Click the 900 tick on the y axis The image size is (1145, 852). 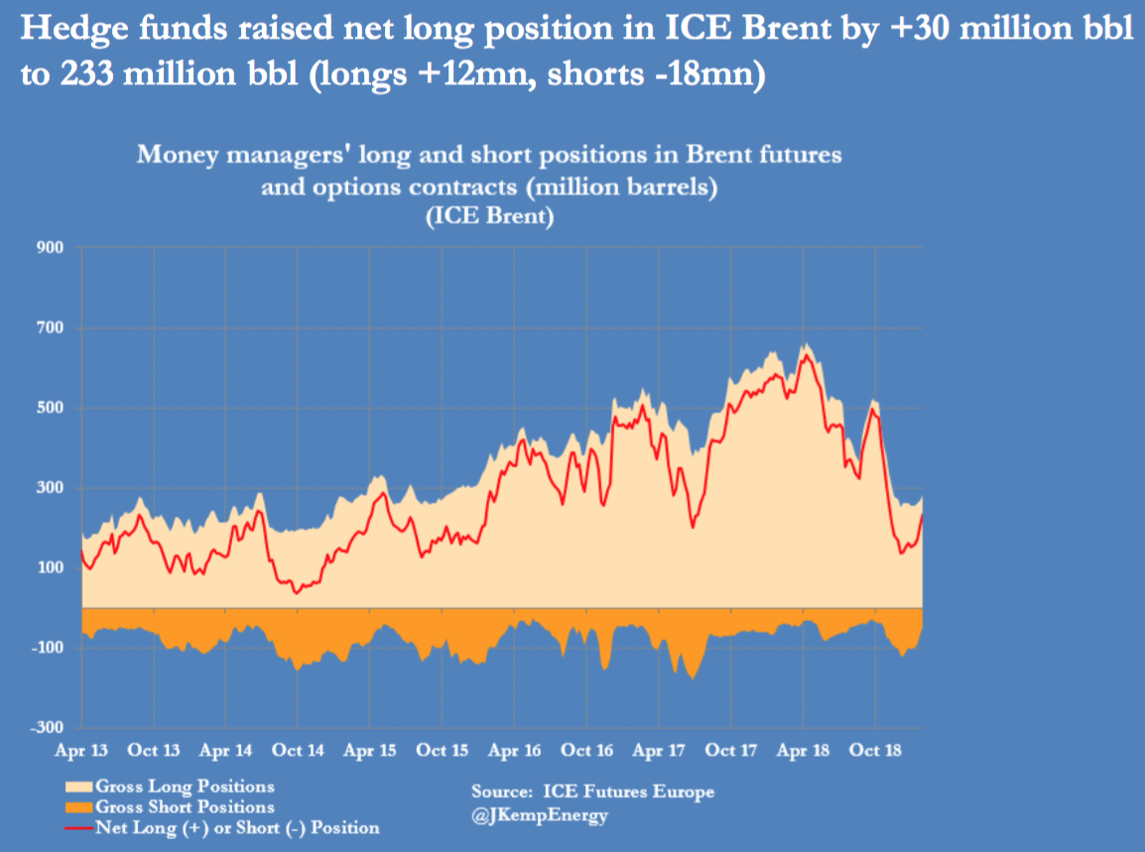(51, 247)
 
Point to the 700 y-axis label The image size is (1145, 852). (51, 327)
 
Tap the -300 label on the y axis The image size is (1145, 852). (48, 728)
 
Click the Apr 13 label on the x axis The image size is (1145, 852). (81, 751)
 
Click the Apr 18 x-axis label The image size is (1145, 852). (804, 751)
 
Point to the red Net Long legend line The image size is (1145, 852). (77, 827)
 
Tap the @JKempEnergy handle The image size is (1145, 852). (540, 816)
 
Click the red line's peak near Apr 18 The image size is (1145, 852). (806, 354)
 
